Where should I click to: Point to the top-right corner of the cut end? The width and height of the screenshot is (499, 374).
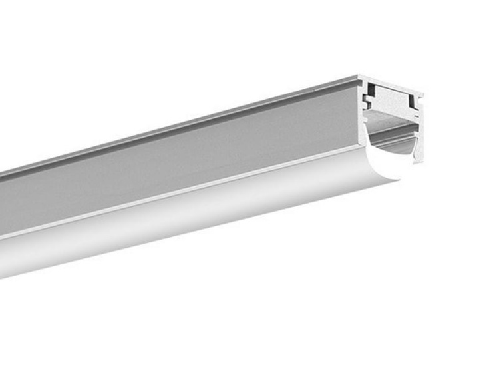point(422,95)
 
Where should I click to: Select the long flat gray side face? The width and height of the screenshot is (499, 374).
point(180,166)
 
